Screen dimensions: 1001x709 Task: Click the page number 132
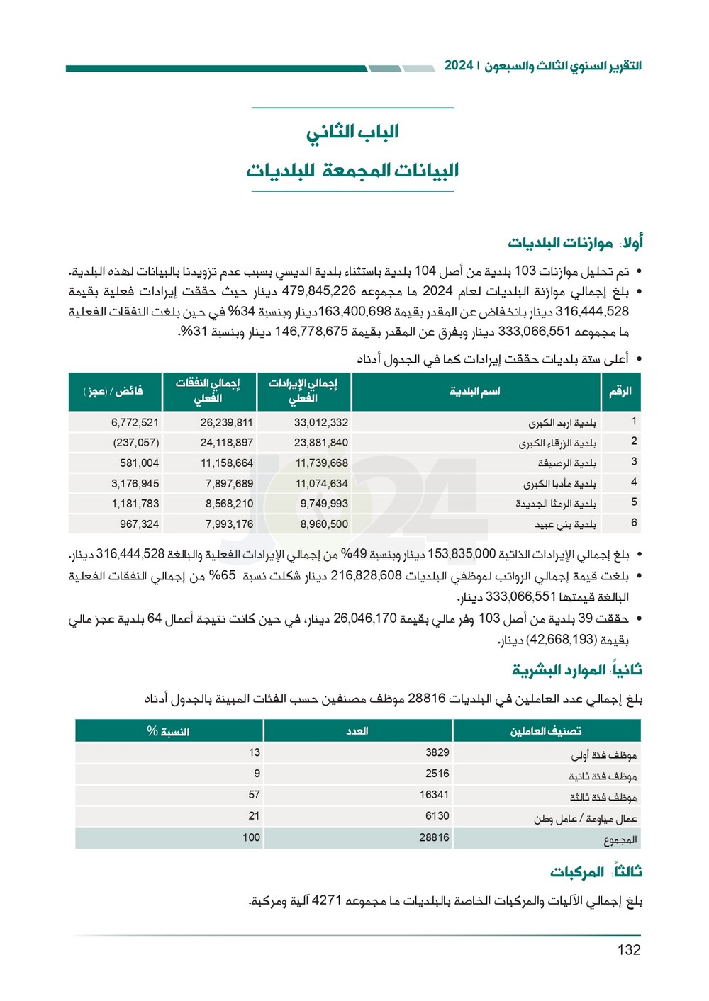(628, 950)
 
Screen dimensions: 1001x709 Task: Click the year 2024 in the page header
(459, 65)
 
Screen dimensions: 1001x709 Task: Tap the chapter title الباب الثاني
(352, 132)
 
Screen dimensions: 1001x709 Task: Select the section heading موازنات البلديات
(559, 243)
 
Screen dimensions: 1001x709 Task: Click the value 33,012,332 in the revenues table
(321, 422)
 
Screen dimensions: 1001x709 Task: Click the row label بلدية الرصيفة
(566, 463)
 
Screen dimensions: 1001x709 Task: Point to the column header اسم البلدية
(474, 391)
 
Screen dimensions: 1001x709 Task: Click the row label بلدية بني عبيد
(565, 524)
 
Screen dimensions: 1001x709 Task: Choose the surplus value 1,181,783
(135, 504)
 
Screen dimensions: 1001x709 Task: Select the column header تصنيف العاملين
(545, 730)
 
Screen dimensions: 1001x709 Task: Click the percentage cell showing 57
(254, 795)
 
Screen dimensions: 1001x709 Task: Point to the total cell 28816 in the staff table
(434, 837)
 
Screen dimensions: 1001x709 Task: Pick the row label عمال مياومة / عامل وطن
(585, 819)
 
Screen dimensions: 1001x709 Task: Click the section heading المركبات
(577, 872)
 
